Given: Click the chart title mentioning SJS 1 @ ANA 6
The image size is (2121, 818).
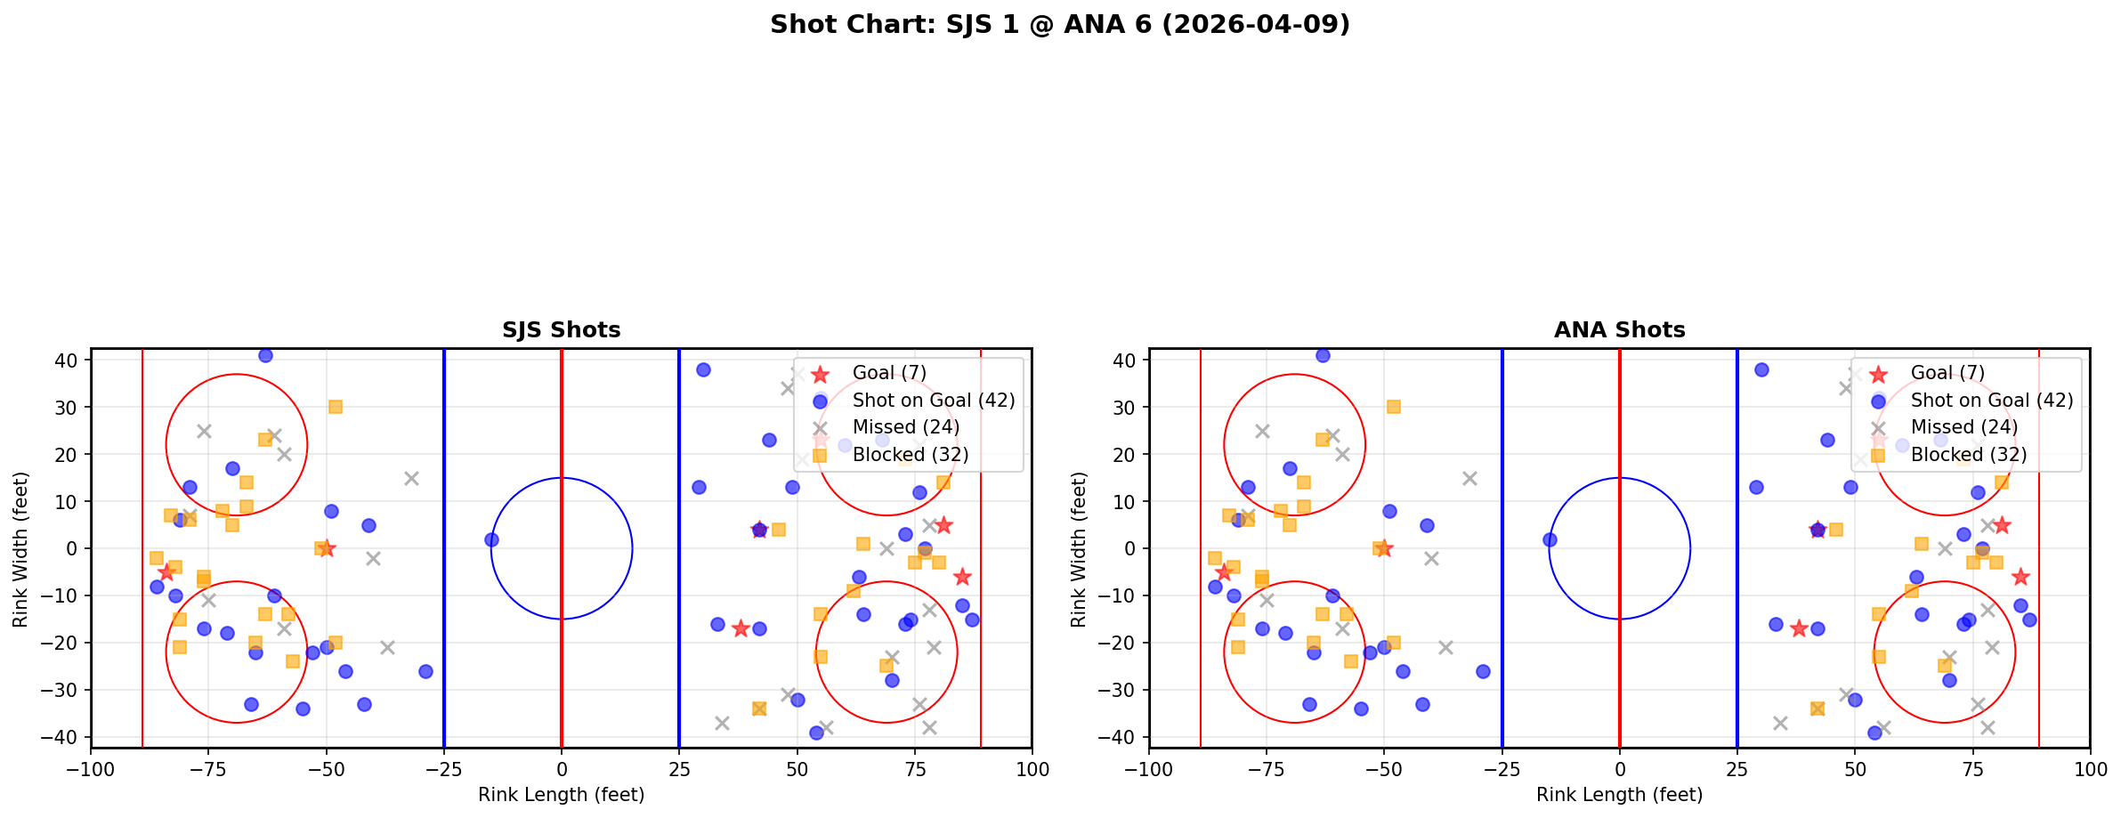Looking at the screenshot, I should click(1059, 24).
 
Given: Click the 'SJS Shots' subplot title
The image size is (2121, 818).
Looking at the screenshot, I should click(561, 330).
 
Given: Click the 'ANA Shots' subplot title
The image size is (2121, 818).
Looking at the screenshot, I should click(1619, 330).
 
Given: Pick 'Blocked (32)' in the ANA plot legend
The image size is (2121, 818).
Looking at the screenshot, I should click(1968, 455).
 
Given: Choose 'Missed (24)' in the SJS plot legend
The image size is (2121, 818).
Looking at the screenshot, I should click(905, 427).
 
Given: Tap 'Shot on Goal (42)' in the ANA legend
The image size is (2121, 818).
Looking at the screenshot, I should click(1991, 401).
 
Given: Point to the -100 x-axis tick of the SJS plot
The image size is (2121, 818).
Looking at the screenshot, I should click(91, 769).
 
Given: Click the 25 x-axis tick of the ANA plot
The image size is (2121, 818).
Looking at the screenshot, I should click(1736, 769).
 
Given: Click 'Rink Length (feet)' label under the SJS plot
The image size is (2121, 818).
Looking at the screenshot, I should click(561, 795).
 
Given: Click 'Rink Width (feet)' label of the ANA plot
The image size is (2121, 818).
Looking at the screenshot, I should click(1079, 549).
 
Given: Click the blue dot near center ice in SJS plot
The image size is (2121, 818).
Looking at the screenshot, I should click(491, 539).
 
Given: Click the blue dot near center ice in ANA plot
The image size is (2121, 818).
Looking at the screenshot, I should click(1550, 539).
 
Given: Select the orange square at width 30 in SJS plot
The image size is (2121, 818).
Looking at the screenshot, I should click(336, 407).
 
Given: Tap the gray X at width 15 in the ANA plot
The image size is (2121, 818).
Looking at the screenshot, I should click(1469, 478).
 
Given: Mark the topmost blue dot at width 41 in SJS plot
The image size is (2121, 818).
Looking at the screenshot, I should click(265, 355).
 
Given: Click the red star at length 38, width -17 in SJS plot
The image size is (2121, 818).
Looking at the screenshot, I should click(741, 628).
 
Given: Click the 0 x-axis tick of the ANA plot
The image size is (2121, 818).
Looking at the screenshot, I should click(1619, 769).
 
